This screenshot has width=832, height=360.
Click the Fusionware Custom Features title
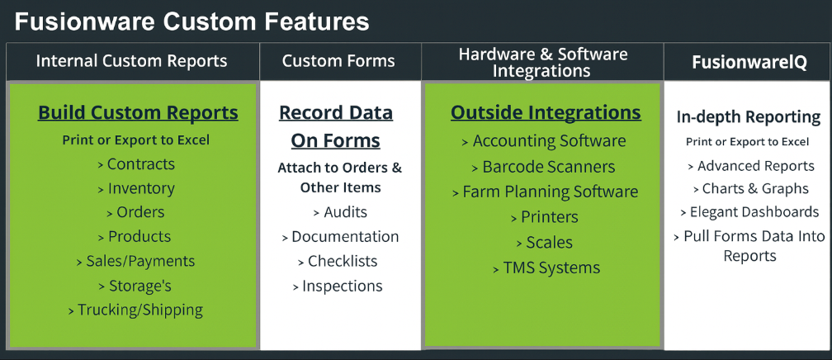coord(191,21)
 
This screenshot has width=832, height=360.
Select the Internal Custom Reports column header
coord(131,61)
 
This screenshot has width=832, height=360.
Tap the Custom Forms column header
coord(338,61)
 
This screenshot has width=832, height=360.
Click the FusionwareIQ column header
coord(749,62)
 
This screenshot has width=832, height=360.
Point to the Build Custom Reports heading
coord(138,112)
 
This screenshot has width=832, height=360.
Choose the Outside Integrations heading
coord(546,112)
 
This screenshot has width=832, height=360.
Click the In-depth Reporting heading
coord(748,117)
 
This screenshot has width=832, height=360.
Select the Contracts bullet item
coord(136,164)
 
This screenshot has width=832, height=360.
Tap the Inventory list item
coord(136,188)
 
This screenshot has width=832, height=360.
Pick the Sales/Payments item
coord(135,261)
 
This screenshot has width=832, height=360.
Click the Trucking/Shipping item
coord(135,310)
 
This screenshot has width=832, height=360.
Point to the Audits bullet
coord(339,212)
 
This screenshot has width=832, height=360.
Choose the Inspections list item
coord(338,287)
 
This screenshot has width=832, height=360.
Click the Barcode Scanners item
coord(544,167)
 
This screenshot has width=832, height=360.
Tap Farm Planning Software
coord(546,192)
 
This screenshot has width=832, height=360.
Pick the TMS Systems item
coord(546,268)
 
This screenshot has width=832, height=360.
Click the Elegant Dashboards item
coord(749,212)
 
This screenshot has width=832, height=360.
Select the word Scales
coord(550,243)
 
